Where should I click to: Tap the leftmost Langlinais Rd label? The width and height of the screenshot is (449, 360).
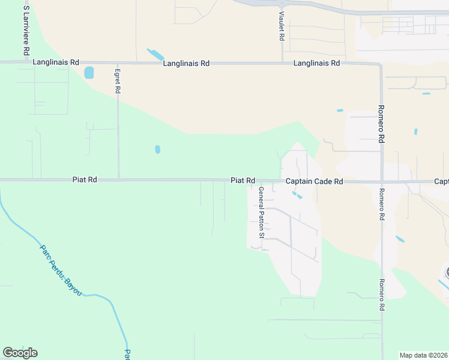57,62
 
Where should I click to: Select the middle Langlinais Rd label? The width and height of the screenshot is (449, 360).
186,62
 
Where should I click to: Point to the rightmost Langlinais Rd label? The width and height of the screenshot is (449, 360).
316,63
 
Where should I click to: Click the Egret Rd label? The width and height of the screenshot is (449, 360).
118,80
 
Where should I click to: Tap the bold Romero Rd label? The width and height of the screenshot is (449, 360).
381,125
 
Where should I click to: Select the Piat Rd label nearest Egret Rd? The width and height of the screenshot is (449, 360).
84,179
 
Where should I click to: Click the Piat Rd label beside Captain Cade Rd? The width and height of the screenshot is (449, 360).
243,180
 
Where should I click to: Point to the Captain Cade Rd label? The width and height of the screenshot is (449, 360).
314,181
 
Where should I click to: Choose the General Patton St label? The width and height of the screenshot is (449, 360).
261,212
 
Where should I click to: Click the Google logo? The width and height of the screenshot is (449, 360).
20,353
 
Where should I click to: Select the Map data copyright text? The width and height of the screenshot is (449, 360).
424,355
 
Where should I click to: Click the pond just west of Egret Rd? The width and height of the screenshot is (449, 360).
89,73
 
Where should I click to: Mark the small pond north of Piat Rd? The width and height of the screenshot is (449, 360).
157,149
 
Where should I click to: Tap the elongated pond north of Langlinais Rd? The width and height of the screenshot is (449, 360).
155,55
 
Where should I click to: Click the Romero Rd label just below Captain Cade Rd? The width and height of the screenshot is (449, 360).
381,205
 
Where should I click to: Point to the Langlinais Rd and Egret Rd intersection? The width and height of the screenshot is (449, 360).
118,62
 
